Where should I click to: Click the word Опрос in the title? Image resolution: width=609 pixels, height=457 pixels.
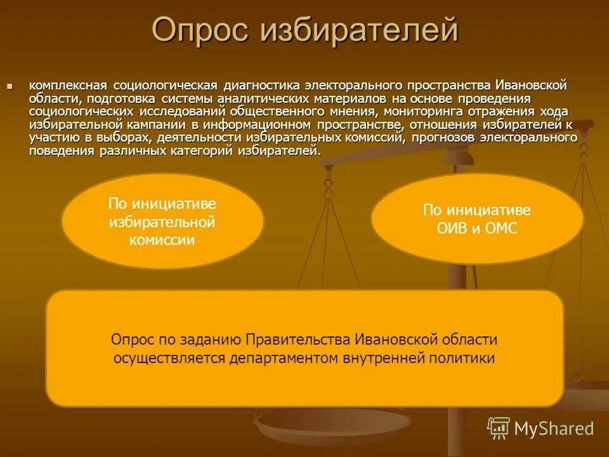tap(200, 31)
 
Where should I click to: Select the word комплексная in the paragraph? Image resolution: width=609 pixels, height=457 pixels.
tap(68, 85)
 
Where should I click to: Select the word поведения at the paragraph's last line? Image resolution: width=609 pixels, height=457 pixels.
tap(61, 150)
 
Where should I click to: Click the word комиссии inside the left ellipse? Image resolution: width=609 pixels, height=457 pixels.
tap(162, 241)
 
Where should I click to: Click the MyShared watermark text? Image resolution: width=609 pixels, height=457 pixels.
tap(553, 428)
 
